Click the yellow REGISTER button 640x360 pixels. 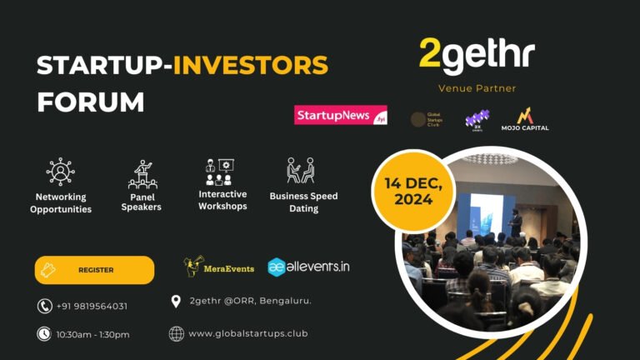[x=94, y=270]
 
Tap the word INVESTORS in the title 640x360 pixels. [x=250, y=65]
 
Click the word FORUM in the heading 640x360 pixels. [x=90, y=101]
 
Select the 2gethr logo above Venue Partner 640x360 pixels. [x=476, y=55]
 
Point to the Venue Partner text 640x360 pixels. [x=477, y=88]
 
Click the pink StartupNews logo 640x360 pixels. [x=340, y=115]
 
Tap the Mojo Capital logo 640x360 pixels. [x=525, y=119]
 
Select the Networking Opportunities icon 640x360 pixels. [x=61, y=172]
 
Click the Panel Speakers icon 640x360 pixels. [x=142, y=173]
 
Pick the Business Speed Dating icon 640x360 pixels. [x=300, y=171]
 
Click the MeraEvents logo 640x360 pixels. [x=218, y=267]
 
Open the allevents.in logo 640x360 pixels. [x=308, y=267]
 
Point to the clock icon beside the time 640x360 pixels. [x=44, y=334]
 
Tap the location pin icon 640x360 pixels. [x=176, y=301]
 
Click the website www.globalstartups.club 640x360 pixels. [x=247, y=333]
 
